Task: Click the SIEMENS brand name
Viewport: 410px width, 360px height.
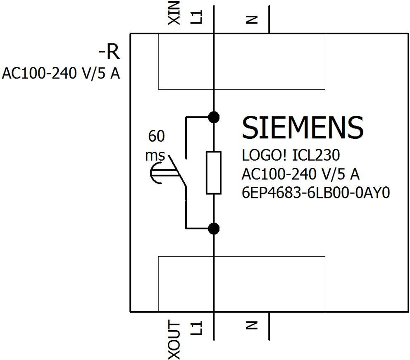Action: [x=303, y=128]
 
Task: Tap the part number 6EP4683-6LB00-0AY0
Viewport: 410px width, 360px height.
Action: [x=316, y=193]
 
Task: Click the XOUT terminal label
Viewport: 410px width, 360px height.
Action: [x=175, y=340]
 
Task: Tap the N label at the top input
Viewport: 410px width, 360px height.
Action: [x=252, y=19]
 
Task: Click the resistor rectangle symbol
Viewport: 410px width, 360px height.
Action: [x=214, y=172]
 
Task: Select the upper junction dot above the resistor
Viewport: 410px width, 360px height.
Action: [x=214, y=117]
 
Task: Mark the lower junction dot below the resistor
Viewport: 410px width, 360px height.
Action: [x=214, y=228]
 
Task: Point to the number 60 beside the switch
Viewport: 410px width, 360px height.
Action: [x=156, y=136]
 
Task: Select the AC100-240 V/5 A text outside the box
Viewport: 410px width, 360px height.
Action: [x=62, y=74]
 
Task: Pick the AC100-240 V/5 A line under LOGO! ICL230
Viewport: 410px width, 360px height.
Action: [x=300, y=174]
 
